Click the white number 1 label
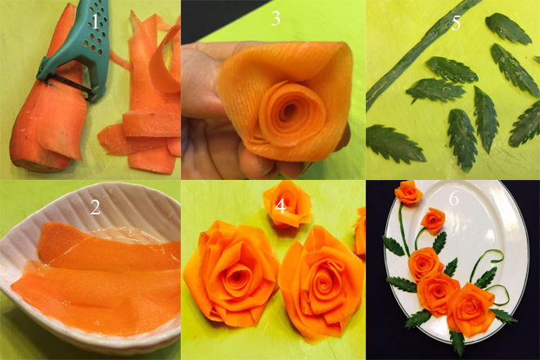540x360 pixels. click(x=95, y=21)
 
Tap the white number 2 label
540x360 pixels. click(x=95, y=207)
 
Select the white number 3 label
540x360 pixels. click(x=276, y=18)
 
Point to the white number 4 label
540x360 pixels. click(x=281, y=207)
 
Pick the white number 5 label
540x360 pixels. click(x=456, y=23)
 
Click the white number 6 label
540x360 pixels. click(x=454, y=199)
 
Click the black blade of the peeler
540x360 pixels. click(x=69, y=88)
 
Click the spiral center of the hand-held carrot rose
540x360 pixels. click(x=289, y=110)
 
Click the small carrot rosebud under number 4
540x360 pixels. click(x=287, y=205)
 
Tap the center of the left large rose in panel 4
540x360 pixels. click(x=237, y=276)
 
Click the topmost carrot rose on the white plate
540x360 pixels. click(x=409, y=192)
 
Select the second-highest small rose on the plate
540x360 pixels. click(x=433, y=221)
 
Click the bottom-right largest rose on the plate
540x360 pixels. click(x=470, y=308)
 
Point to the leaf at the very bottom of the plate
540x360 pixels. click(x=457, y=342)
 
